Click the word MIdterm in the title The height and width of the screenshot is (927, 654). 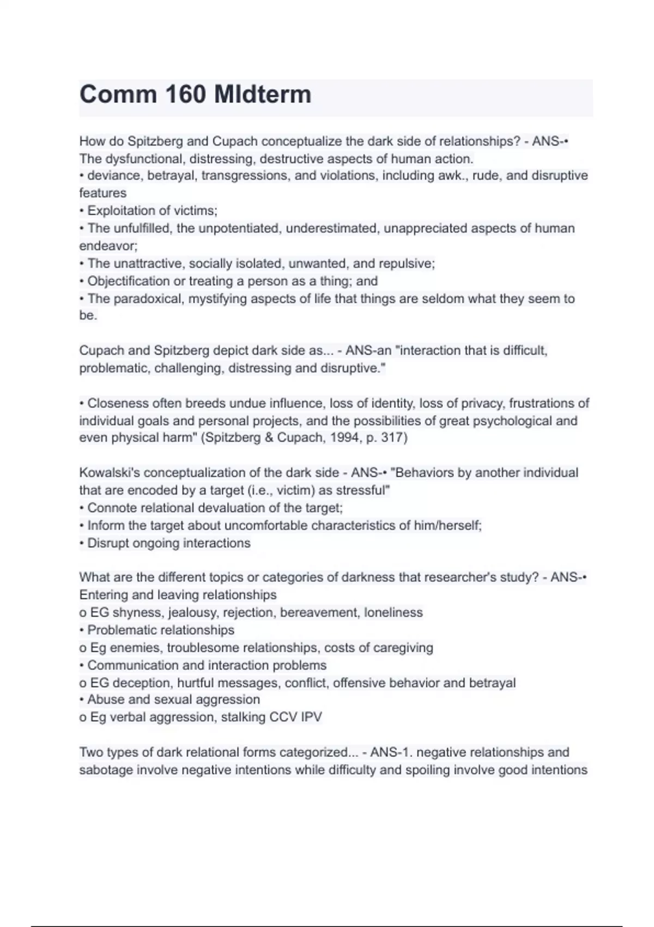click(263, 94)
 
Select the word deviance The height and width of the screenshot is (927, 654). click(115, 176)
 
